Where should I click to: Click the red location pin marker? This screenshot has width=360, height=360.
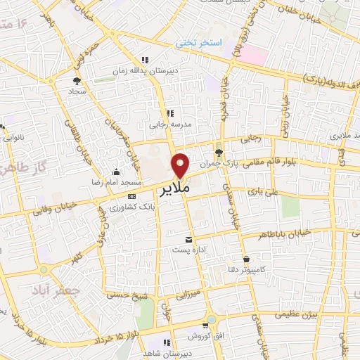(x=181, y=165)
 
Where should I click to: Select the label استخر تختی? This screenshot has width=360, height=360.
(x=199, y=44)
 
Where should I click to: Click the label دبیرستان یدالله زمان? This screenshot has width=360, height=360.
(x=144, y=71)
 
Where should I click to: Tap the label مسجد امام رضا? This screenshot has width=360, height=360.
(x=123, y=182)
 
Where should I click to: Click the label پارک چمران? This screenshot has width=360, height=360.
(x=214, y=163)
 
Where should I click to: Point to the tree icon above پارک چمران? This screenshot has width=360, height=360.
(x=219, y=152)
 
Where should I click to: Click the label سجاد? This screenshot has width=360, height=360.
(x=77, y=91)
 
